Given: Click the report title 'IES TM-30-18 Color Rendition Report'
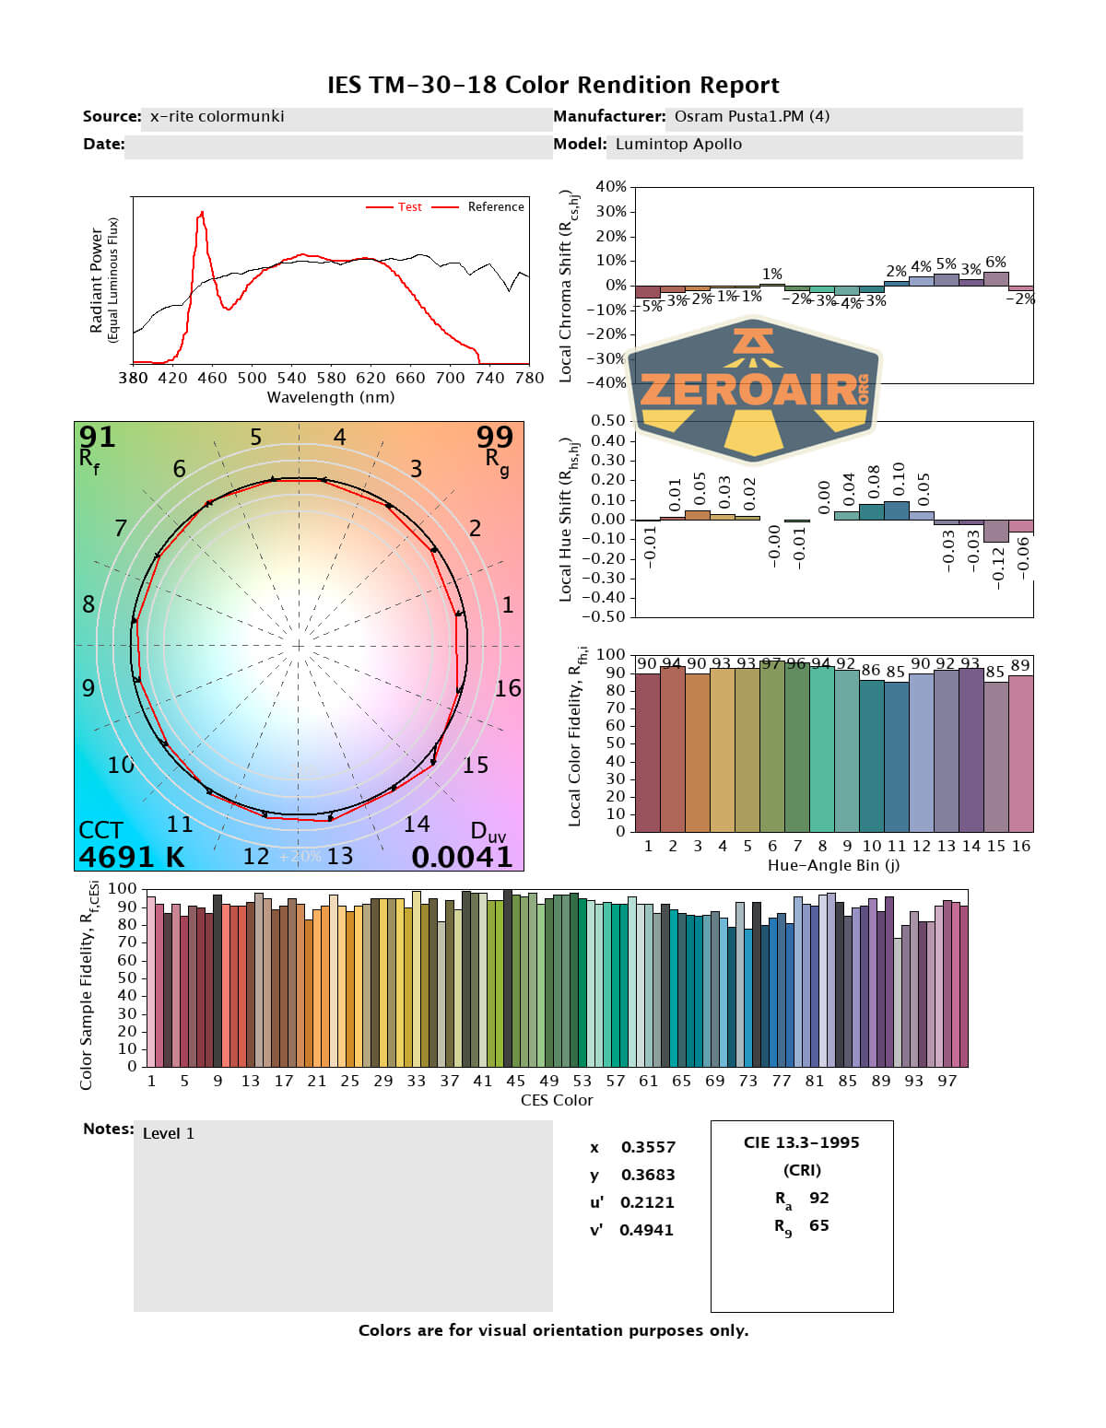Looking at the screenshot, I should pyautogui.click(x=553, y=85).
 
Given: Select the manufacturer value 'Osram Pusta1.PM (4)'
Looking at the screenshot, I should pyautogui.click(x=751, y=116).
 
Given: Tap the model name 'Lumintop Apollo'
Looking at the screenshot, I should pyautogui.click(x=678, y=144).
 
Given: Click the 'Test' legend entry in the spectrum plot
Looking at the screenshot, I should pyautogui.click(x=409, y=207).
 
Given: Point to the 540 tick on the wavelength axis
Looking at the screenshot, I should pyautogui.click(x=291, y=377).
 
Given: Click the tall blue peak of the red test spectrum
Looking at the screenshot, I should pyautogui.click(x=201, y=216).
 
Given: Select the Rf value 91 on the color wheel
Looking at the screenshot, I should pyautogui.click(x=97, y=437).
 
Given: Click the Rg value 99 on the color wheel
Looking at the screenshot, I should pyautogui.click(x=495, y=437).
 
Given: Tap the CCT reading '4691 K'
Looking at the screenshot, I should pyautogui.click(x=131, y=857).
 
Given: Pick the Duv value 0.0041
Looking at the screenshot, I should pyautogui.click(x=462, y=857).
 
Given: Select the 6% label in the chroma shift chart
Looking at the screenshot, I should pyautogui.click(x=995, y=263).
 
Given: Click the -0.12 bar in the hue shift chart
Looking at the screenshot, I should pyautogui.click(x=995, y=532).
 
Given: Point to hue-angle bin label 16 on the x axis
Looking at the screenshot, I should pyautogui.click(x=1020, y=846).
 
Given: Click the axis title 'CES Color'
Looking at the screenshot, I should pyautogui.click(x=557, y=1100).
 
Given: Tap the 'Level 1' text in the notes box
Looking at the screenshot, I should pyautogui.click(x=169, y=1133).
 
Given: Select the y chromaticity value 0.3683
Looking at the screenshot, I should pyautogui.click(x=648, y=1175).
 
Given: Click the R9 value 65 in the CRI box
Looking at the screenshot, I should pyautogui.click(x=818, y=1225).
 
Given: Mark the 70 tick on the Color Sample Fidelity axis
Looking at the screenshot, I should pyautogui.click(x=126, y=942).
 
